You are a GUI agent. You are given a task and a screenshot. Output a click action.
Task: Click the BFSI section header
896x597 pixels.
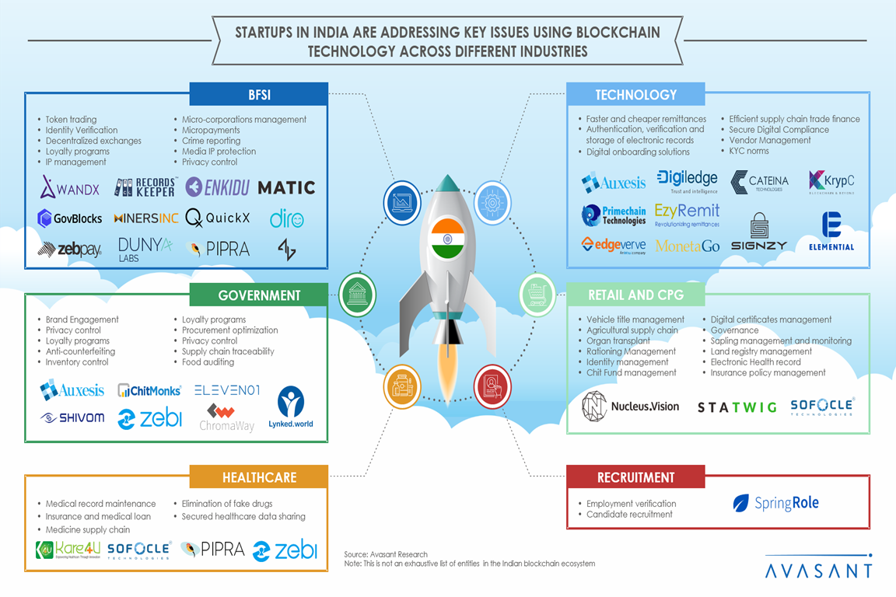click(x=258, y=95)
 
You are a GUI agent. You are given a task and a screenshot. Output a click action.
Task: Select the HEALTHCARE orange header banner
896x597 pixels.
click(x=258, y=477)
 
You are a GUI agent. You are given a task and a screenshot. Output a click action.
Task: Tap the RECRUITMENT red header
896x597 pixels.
click(x=635, y=477)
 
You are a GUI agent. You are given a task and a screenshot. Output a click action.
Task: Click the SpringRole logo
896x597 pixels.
click(x=776, y=503)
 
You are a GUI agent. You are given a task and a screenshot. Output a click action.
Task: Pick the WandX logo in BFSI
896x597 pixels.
click(x=69, y=187)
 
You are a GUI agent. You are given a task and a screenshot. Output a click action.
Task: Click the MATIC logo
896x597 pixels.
click(x=286, y=187)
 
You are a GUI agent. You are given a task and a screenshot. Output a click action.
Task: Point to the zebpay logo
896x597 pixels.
click(x=69, y=249)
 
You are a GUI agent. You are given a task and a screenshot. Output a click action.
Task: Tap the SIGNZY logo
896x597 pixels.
click(x=758, y=233)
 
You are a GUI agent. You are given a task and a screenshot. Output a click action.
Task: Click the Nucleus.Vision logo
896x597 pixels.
click(x=631, y=406)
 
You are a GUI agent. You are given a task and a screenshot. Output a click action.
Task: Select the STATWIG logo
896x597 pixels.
click(x=737, y=407)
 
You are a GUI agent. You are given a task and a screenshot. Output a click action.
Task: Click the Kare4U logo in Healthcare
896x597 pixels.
click(x=68, y=550)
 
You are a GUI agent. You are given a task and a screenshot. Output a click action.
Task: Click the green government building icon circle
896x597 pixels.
click(x=358, y=294)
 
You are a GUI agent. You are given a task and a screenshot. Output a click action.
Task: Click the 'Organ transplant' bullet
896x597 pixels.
click(x=618, y=341)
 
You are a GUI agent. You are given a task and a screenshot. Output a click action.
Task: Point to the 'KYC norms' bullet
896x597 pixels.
click(x=748, y=151)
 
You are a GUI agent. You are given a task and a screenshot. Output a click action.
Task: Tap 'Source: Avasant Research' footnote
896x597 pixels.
click(x=386, y=554)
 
